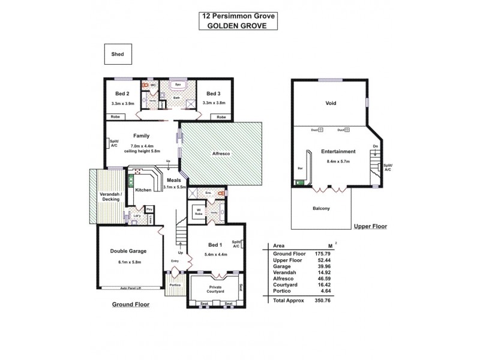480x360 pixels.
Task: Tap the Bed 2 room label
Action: coord(122,93)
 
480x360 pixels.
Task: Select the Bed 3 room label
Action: coord(213,93)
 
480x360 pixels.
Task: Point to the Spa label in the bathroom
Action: coord(178,85)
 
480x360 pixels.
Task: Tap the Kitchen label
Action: coord(143,190)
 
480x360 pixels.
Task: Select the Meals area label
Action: coord(174,180)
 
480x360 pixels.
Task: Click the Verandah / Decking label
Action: coord(110,197)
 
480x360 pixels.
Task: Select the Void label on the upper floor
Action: coord(330,103)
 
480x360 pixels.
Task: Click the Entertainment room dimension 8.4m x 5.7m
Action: coord(338,161)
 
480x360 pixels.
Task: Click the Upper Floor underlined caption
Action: coord(370,226)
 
